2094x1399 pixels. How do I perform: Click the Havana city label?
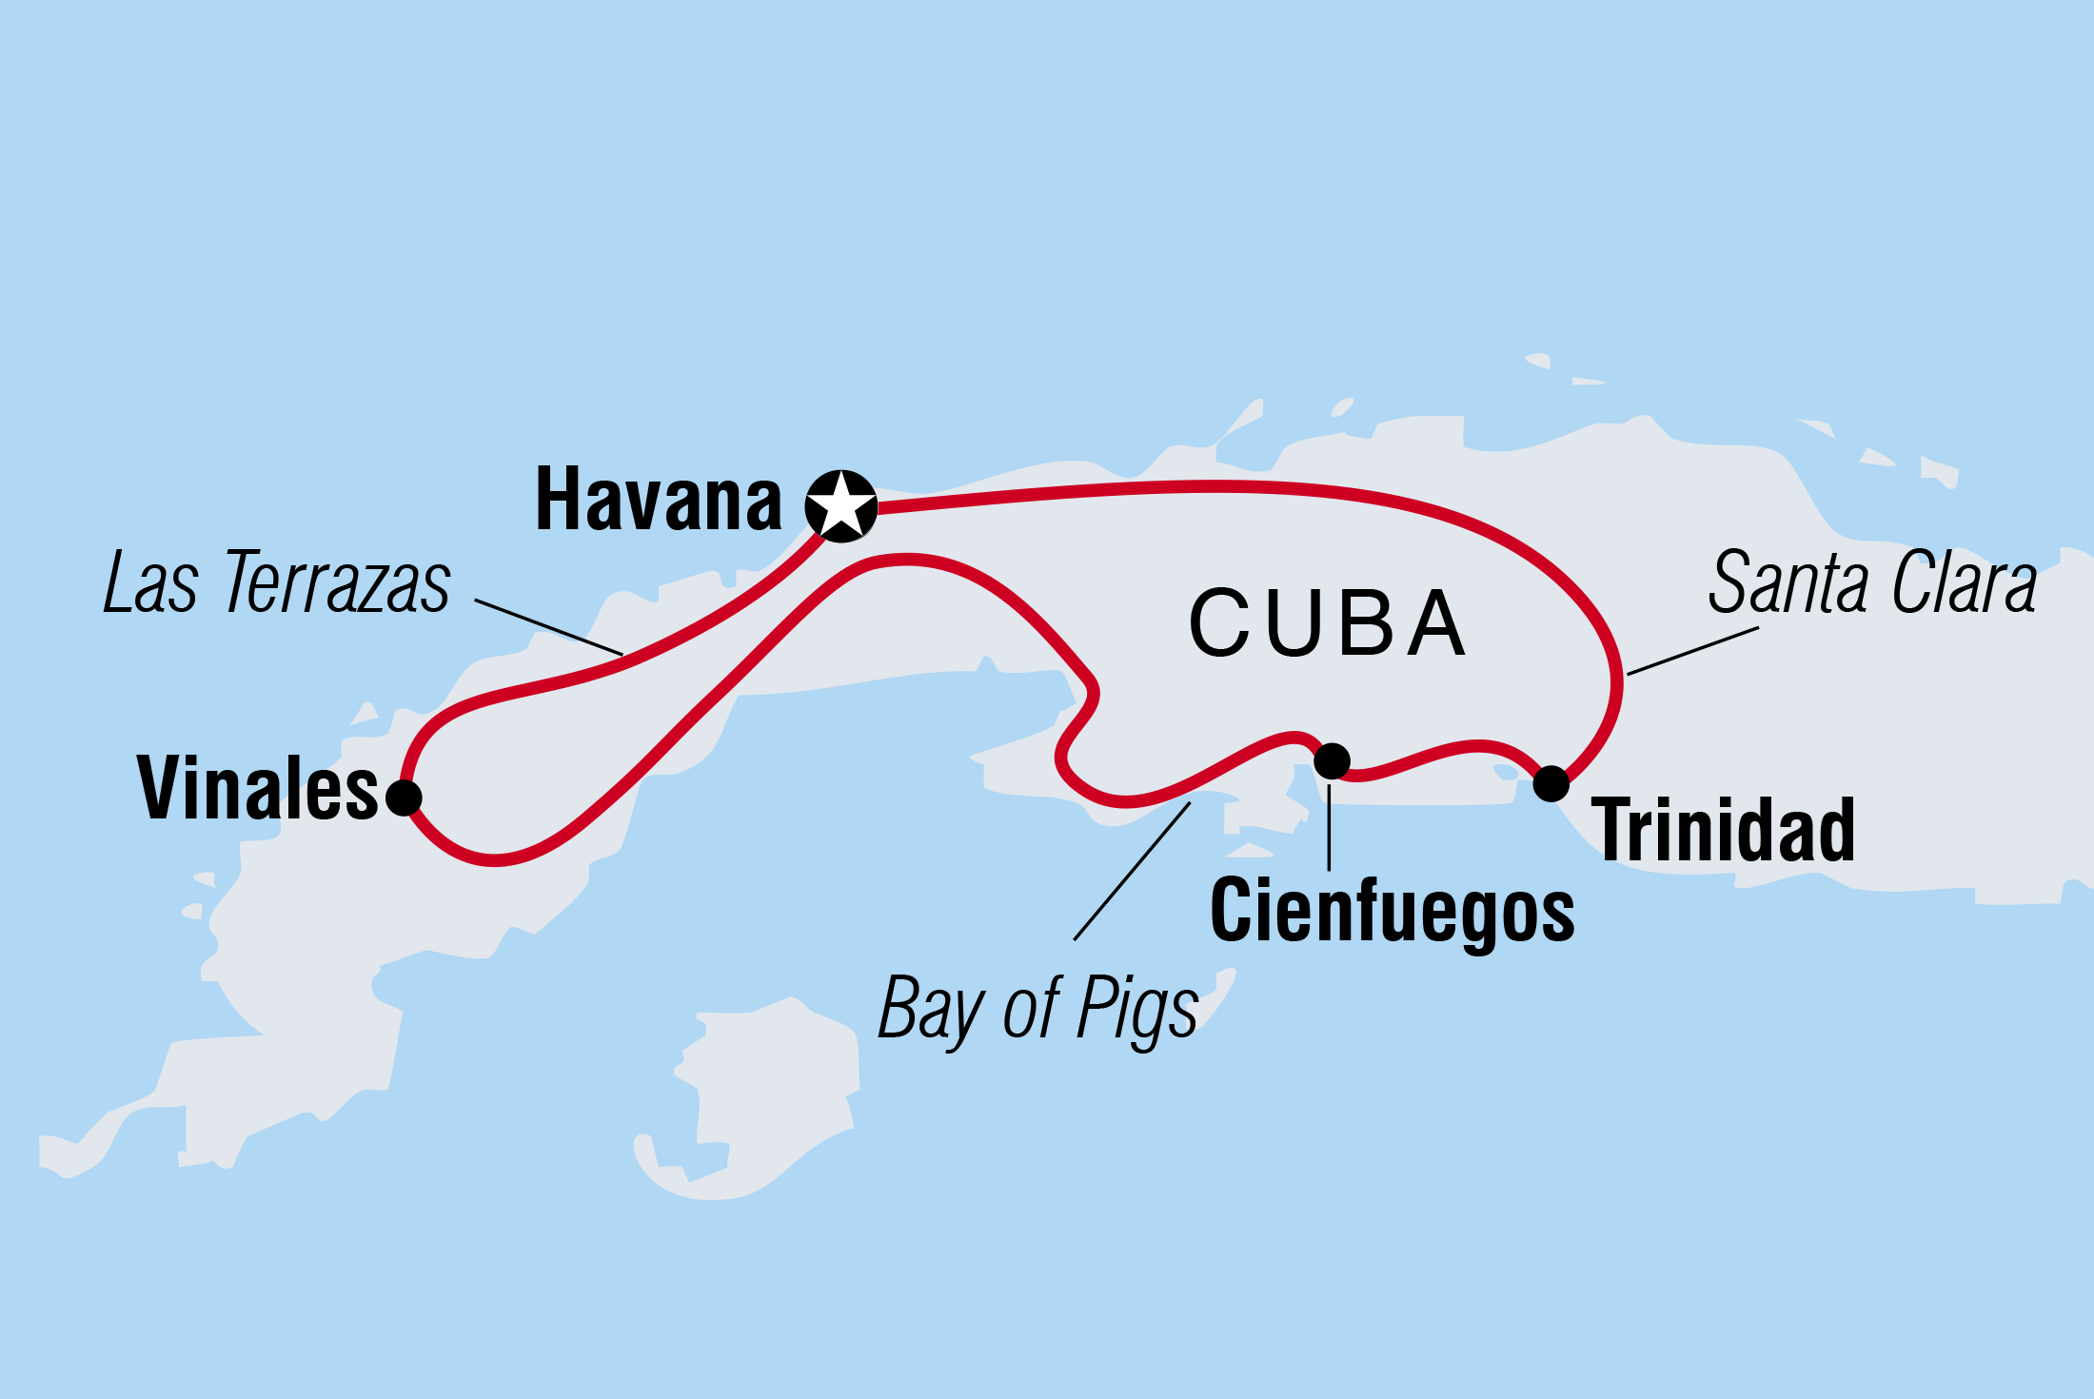pyautogui.click(x=659, y=501)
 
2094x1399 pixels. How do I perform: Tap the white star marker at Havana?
pyautogui.click(x=840, y=505)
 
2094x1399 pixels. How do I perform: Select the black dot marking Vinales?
pyautogui.click(x=404, y=797)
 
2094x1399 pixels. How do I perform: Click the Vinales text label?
pyautogui.click(x=258, y=789)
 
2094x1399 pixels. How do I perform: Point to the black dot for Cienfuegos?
pyautogui.click(x=1332, y=760)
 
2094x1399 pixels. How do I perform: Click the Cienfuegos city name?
pyautogui.click(x=1392, y=912)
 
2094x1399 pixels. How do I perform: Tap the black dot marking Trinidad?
pyautogui.click(x=1551, y=783)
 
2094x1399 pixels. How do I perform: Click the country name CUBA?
pyautogui.click(x=1328, y=624)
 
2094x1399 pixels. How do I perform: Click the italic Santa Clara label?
pyautogui.click(x=1871, y=583)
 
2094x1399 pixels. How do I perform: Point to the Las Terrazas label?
pyautogui.click(x=277, y=583)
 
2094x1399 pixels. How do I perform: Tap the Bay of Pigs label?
pyautogui.click(x=1037, y=1009)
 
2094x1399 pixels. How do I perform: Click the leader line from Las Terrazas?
pyautogui.click(x=549, y=627)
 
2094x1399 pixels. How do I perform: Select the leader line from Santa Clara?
pyautogui.click(x=1692, y=651)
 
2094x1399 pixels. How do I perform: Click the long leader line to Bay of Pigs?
pyautogui.click(x=1132, y=872)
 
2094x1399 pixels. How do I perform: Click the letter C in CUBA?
pyautogui.click(x=1219, y=624)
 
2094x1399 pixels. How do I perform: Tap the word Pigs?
pyautogui.click(x=1136, y=1011)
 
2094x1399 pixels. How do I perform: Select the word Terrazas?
pyautogui.click(x=337, y=583)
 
